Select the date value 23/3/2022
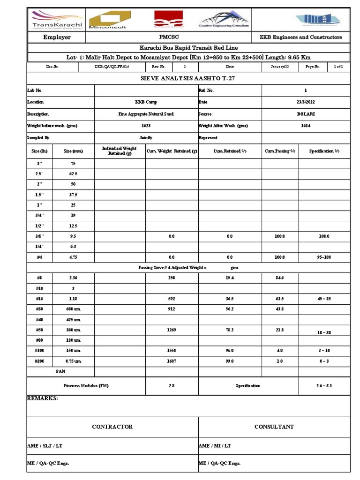point(306,102)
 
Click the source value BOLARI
point(306,114)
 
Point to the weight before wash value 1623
point(146,126)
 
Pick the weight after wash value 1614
point(306,126)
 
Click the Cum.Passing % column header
point(280,151)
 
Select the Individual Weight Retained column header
point(120,150)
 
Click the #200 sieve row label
point(39,361)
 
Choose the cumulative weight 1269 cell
point(171,330)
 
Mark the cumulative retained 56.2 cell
point(230,308)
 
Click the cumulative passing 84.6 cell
point(280,278)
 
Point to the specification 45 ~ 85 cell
point(324,298)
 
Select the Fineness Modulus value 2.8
point(171,385)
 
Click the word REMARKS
point(43,398)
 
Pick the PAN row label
point(60,371)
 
